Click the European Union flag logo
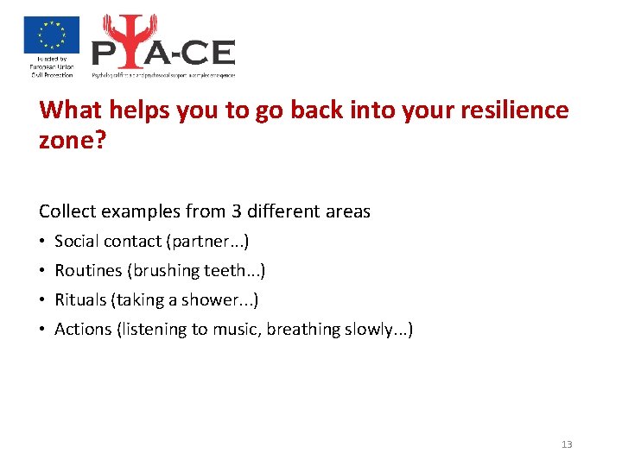point(51,35)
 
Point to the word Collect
point(67,211)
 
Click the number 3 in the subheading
point(236,211)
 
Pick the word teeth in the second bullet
point(229,271)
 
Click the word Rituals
point(80,300)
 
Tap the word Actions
point(83,329)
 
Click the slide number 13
point(567,444)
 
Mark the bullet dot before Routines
point(43,271)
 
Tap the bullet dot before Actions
point(43,329)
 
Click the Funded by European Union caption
point(52,66)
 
